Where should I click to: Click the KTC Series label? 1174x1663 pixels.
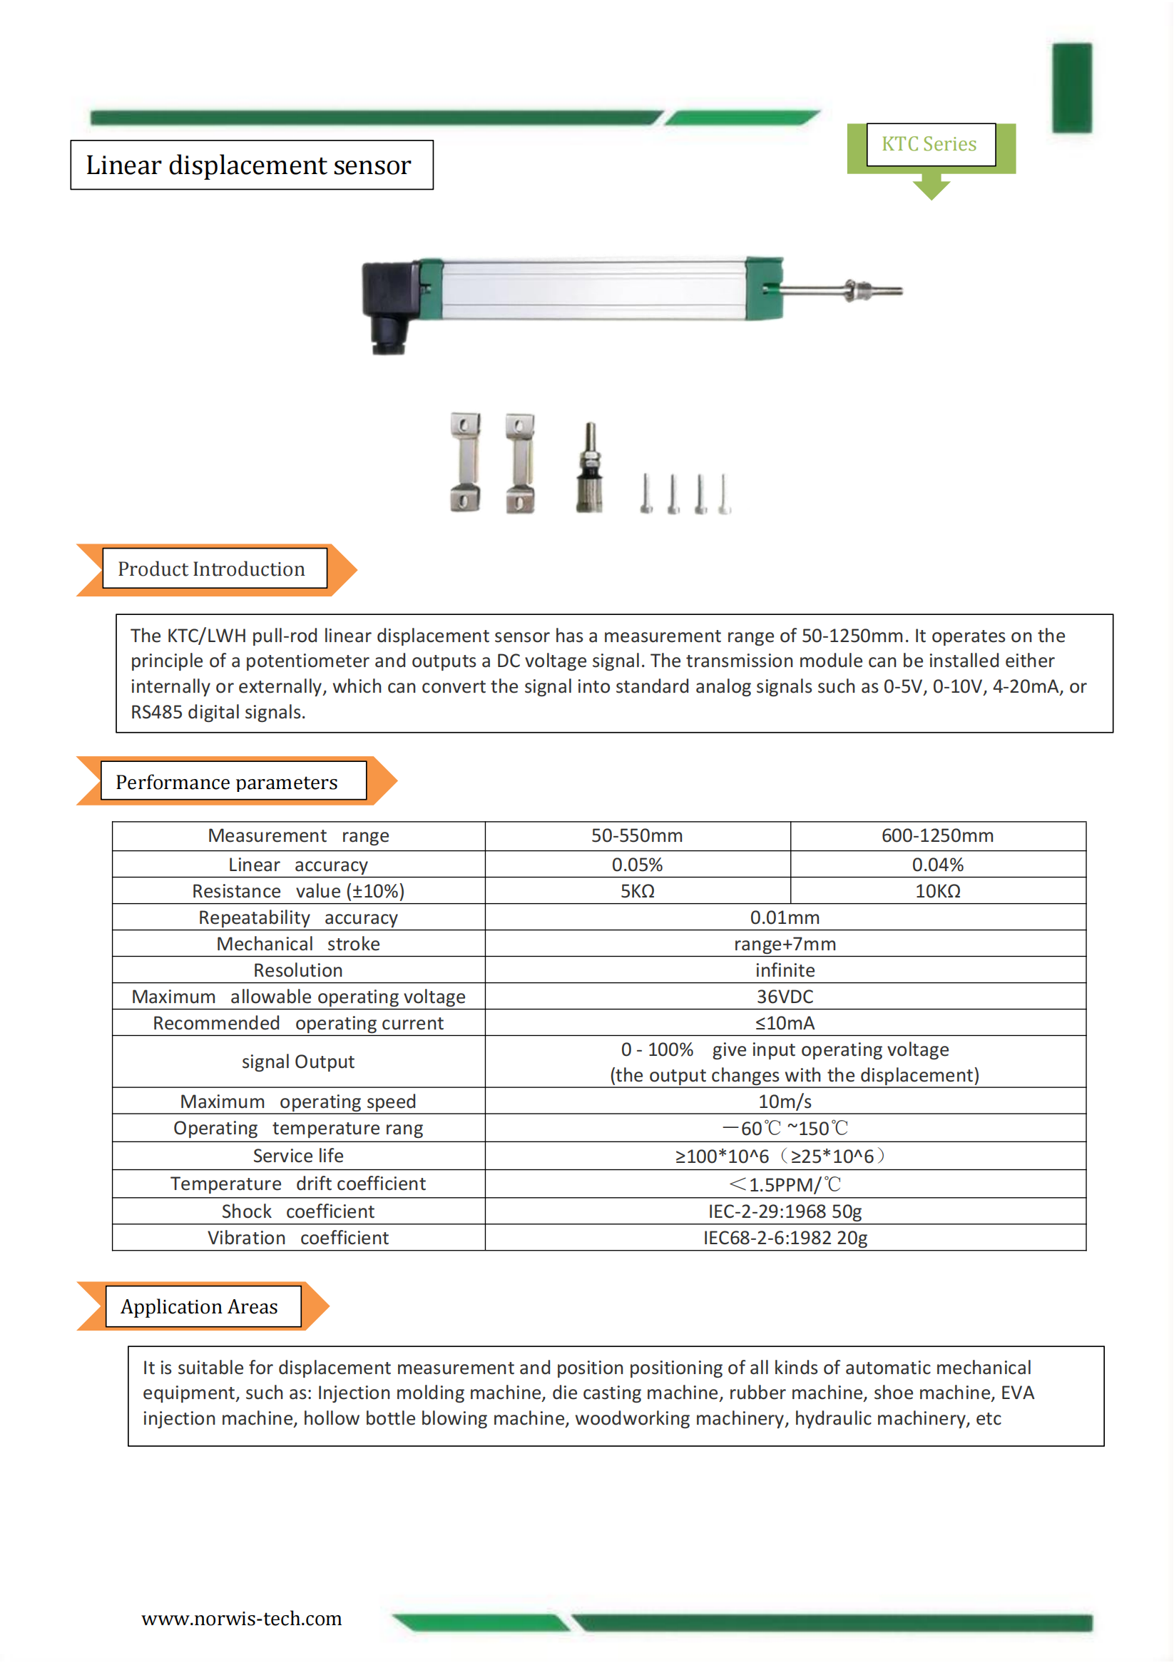pos(929,144)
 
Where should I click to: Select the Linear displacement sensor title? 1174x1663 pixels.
pos(248,165)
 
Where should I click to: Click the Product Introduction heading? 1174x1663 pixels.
pos(212,569)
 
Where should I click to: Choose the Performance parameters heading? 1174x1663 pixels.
pos(227,782)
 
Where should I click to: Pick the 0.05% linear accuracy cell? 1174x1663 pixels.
pos(637,864)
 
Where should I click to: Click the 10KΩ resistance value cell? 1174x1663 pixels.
pos(937,891)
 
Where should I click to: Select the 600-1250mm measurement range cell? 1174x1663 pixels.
pos(937,835)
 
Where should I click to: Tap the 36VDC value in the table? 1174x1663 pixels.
pos(785,997)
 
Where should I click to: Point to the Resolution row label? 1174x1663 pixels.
pos(297,970)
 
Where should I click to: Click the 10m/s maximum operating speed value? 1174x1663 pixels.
pos(785,1102)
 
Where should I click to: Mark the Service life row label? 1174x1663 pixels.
pos(297,1156)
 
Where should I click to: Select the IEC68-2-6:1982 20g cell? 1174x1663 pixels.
pos(785,1238)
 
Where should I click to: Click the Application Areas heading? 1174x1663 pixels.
pos(199,1307)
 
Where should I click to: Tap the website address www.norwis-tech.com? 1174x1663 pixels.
pos(241,1619)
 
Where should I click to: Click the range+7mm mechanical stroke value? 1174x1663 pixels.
pos(785,944)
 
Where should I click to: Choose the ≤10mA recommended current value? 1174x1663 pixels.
pos(785,1023)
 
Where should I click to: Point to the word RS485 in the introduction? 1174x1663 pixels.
pos(156,712)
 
